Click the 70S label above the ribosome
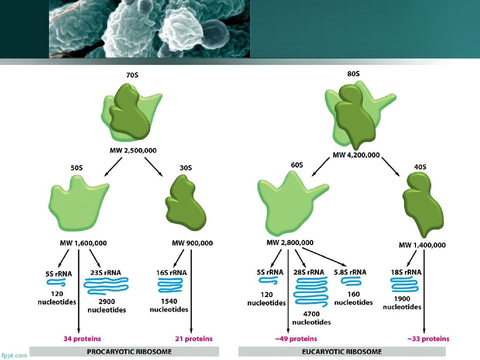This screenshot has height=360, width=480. click(132, 75)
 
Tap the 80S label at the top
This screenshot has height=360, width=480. click(353, 74)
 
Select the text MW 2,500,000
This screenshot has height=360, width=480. click(133, 150)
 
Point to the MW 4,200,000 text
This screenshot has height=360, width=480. click(356, 155)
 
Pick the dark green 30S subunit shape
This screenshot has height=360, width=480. click(185, 203)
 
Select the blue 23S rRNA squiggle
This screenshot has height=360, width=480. click(106, 285)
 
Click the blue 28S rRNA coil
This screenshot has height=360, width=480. click(310, 291)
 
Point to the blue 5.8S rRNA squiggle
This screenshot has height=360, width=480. click(351, 281)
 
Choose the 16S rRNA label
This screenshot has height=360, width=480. click(171, 272)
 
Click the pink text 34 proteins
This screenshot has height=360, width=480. click(82, 339)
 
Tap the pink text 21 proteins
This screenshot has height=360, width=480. click(194, 339)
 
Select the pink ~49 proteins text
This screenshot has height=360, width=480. click(296, 339)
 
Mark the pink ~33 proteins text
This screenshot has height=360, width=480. click(428, 339)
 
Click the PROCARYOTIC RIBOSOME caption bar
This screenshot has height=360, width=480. click(124, 351)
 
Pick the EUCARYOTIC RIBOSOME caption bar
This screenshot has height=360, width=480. click(342, 351)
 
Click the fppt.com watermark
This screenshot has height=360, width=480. click(14, 355)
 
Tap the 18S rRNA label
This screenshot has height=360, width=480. click(406, 272)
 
